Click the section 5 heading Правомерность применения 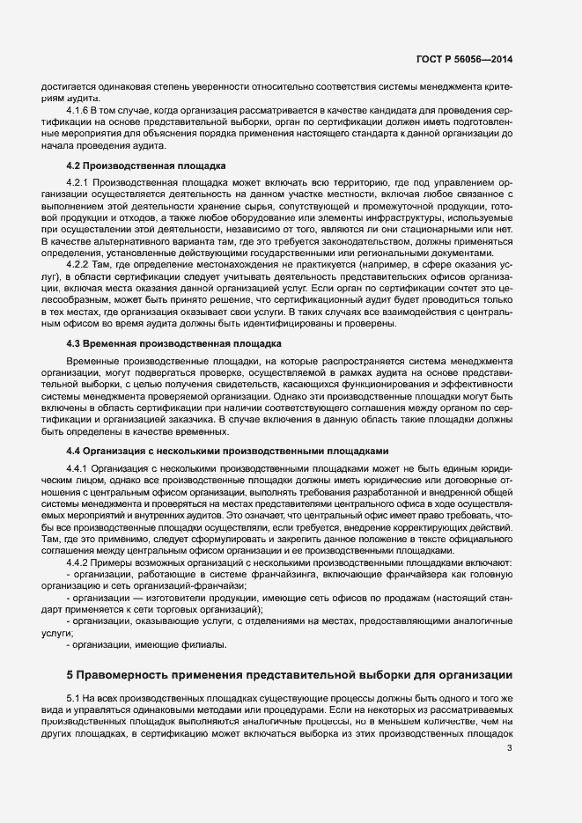291,674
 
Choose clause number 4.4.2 79,562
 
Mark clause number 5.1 75,697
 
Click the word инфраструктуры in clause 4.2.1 410,217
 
